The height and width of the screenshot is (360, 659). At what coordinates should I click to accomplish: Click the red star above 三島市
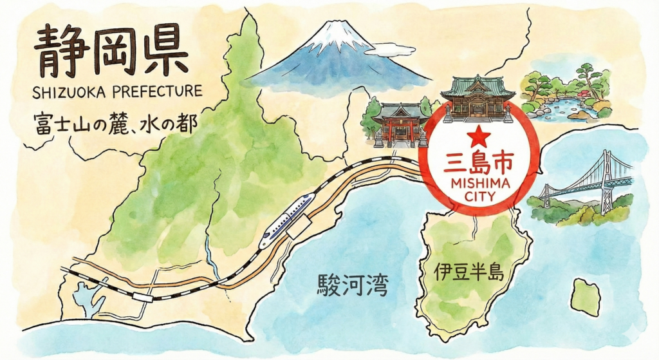(x=479, y=136)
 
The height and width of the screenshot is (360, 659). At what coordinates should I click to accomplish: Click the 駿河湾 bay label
(x=353, y=284)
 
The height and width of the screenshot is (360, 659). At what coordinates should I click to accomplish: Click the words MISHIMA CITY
(x=480, y=189)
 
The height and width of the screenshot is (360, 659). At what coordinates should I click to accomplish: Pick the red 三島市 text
(x=479, y=164)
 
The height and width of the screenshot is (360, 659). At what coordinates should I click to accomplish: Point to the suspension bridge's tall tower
(x=606, y=180)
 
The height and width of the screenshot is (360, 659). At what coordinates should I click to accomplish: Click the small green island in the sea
(x=586, y=297)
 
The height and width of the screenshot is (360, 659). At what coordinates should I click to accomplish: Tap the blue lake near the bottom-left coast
(x=84, y=298)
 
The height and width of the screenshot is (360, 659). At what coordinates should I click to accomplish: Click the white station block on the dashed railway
(x=142, y=298)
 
